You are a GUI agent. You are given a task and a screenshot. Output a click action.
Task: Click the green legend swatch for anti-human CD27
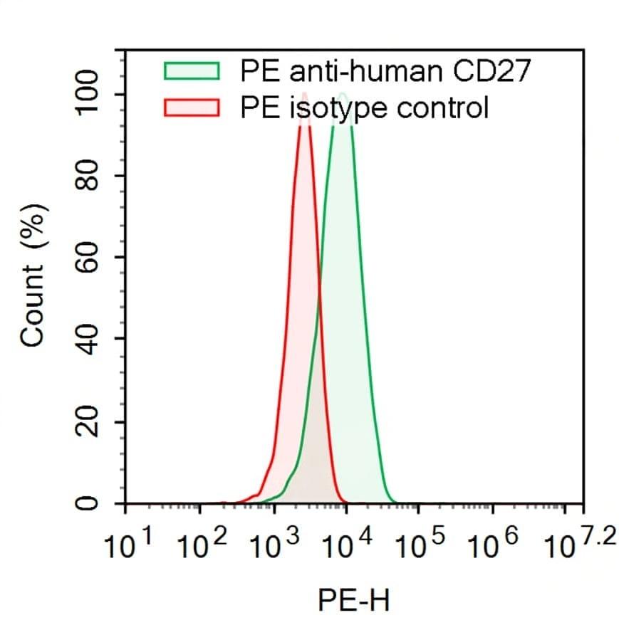pyautogui.click(x=192, y=71)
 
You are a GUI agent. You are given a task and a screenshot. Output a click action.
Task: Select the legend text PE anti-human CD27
pyautogui.click(x=385, y=71)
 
